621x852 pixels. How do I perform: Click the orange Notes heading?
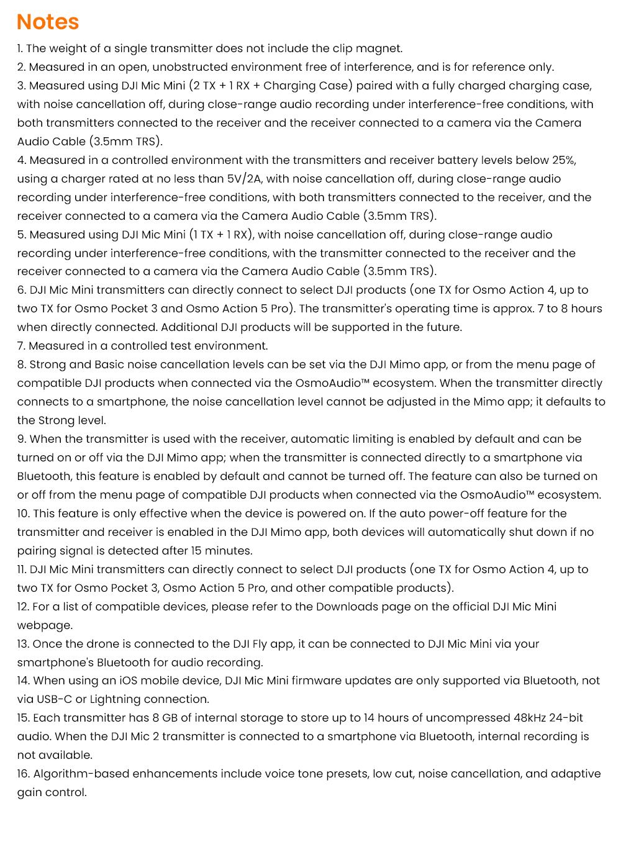(x=48, y=22)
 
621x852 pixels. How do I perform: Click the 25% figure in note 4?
(x=563, y=160)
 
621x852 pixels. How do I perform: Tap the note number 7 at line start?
(x=21, y=346)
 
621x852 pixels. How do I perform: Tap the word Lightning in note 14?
(x=115, y=699)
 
